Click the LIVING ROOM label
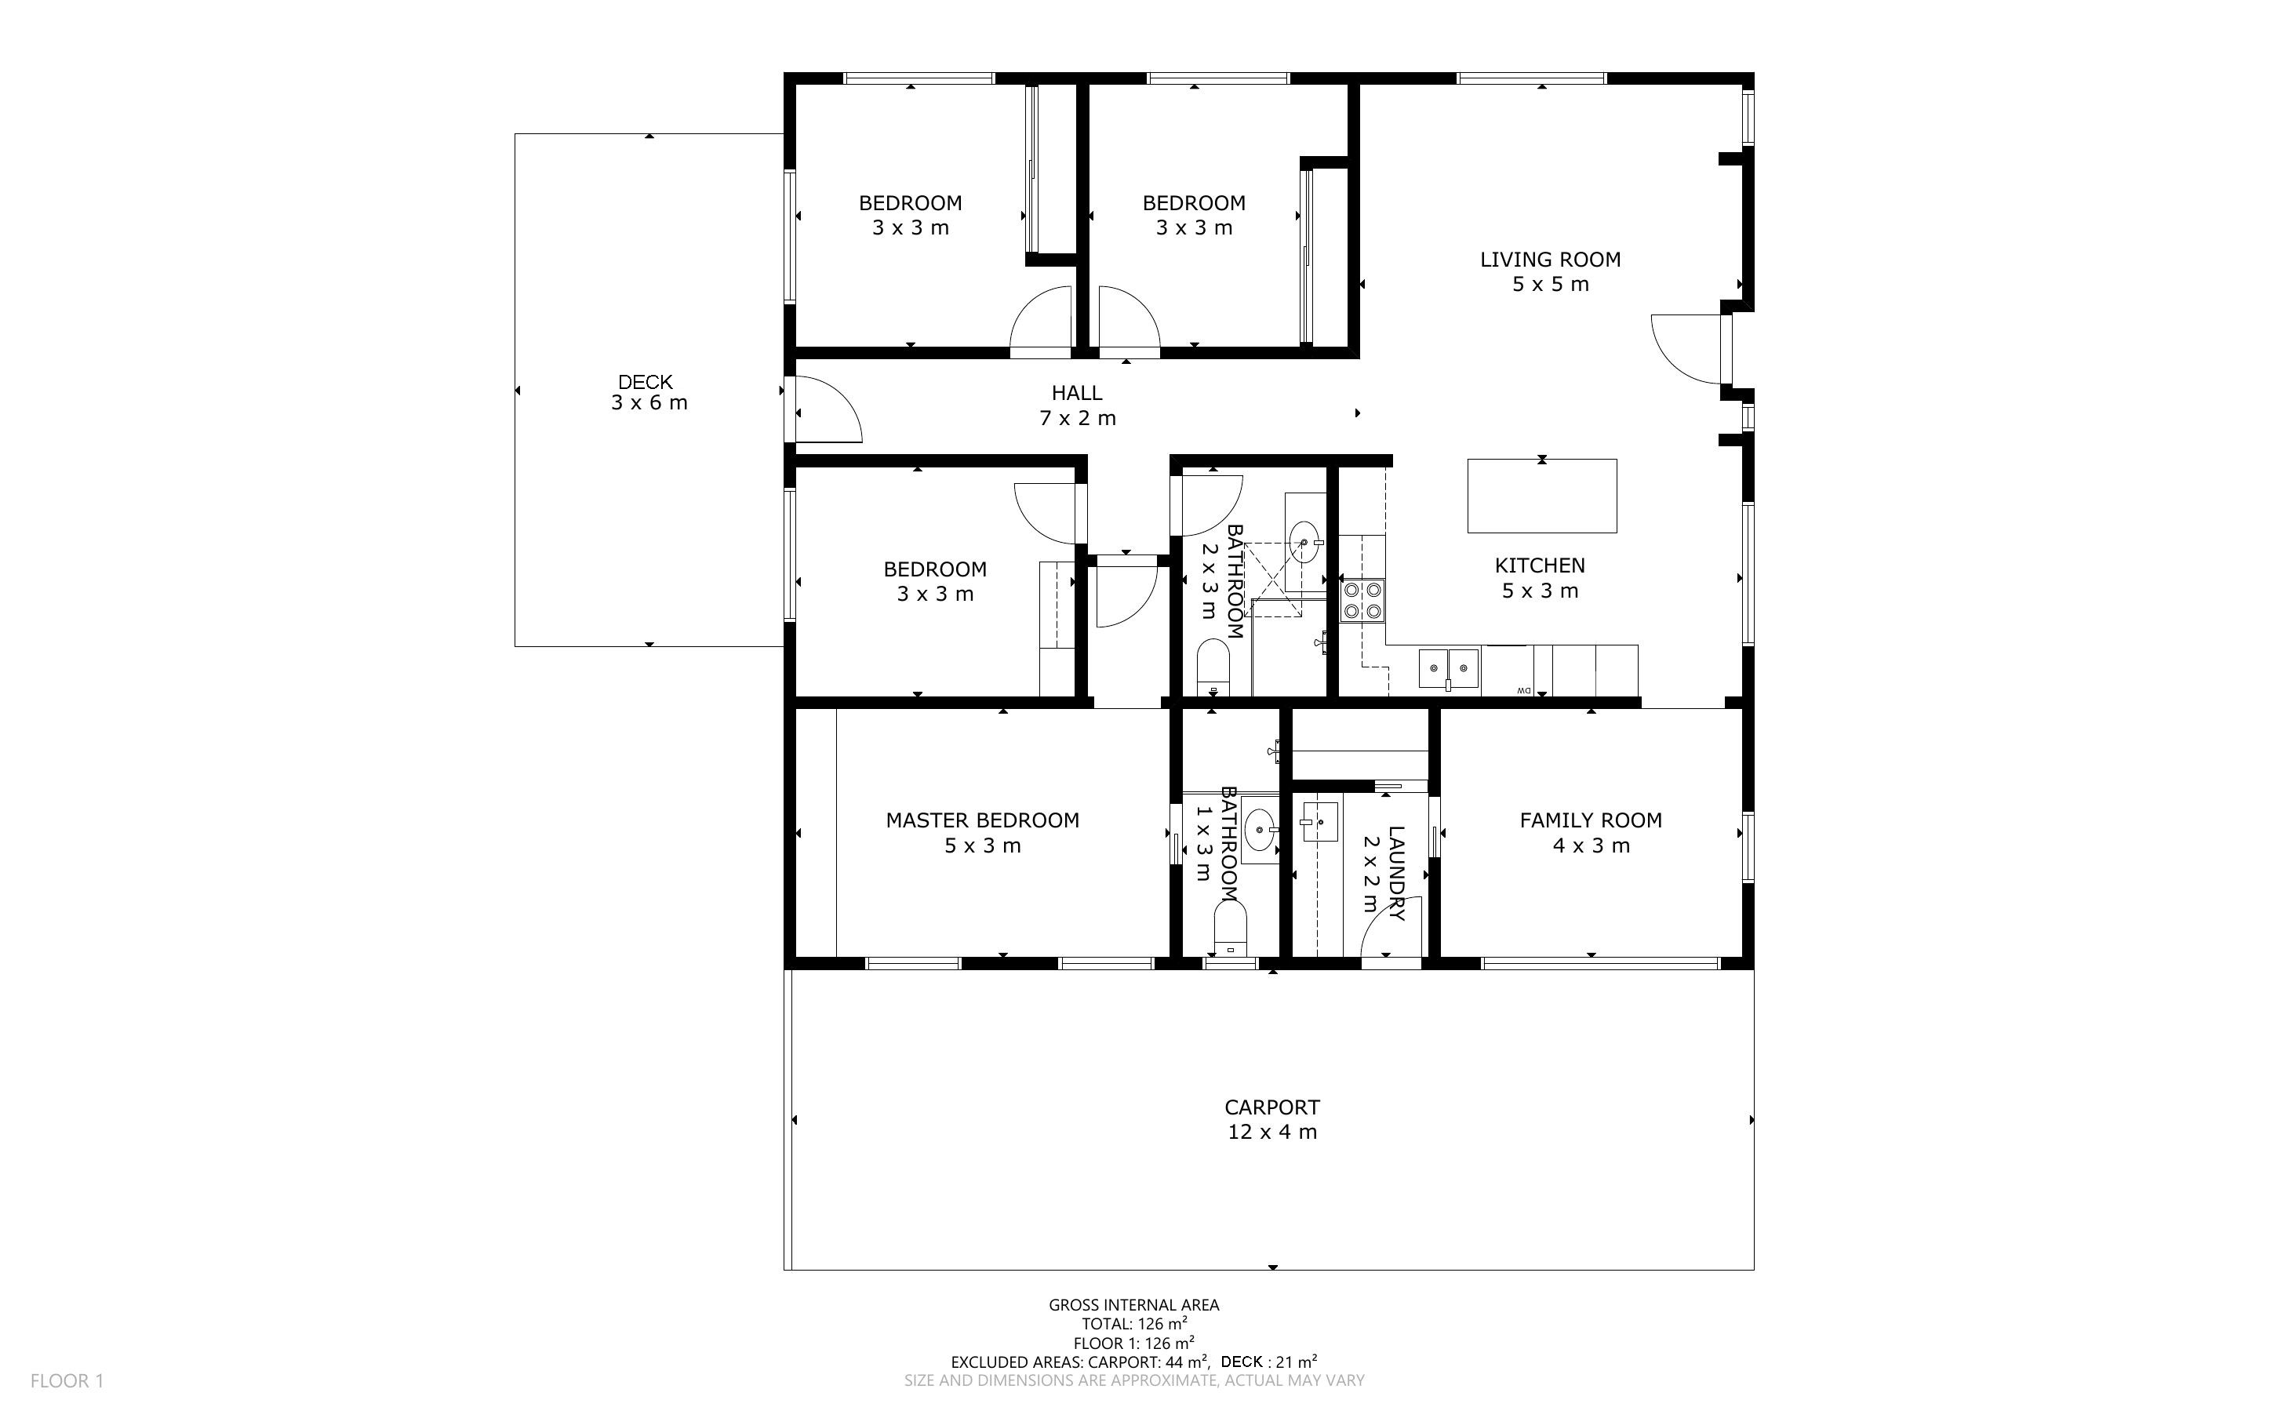[x=1550, y=260]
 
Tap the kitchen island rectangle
[x=1541, y=496]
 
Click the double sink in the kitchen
[x=1449, y=667]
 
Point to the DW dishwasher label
[x=1522, y=691]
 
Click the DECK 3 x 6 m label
[x=649, y=393]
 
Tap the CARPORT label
[x=1272, y=1107]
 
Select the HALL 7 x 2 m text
[x=1077, y=406]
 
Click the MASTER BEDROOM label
[x=983, y=820]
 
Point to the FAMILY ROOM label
[x=1592, y=820]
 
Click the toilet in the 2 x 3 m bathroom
[x=1213, y=667]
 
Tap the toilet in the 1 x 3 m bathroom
[x=1229, y=928]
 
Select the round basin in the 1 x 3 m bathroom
[x=1259, y=829]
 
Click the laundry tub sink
[x=1320, y=823]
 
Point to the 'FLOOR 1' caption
[x=67, y=1380]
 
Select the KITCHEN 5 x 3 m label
[x=1541, y=578]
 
